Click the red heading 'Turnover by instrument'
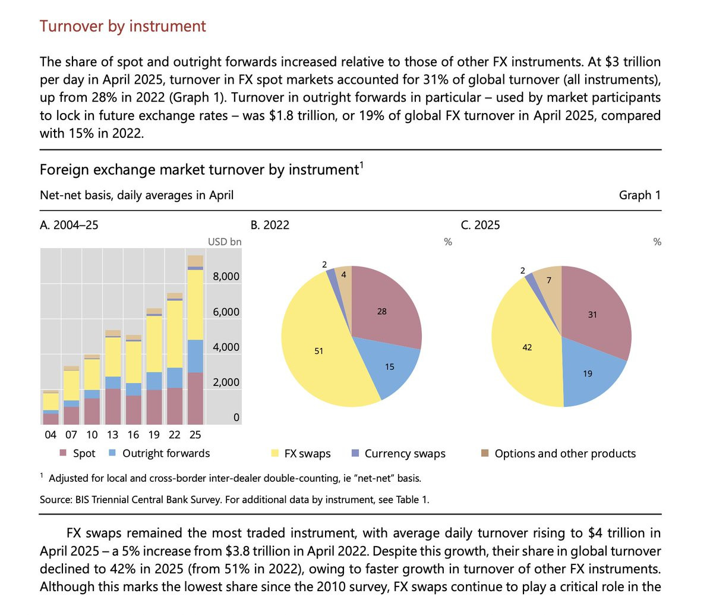click(x=122, y=26)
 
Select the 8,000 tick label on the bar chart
click(x=226, y=277)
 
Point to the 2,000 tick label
click(x=226, y=382)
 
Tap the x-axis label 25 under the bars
click(x=195, y=435)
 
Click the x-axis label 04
click(x=51, y=435)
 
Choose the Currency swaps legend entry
click(x=405, y=454)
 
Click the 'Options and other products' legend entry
click(x=564, y=454)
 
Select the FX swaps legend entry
click(x=307, y=454)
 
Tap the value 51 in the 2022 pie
click(x=319, y=351)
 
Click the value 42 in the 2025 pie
click(x=527, y=347)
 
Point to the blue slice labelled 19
click(x=588, y=374)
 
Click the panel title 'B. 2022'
click(x=270, y=225)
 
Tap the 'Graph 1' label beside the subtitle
click(x=639, y=195)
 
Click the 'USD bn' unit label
click(x=225, y=242)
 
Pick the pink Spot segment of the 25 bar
click(x=195, y=398)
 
